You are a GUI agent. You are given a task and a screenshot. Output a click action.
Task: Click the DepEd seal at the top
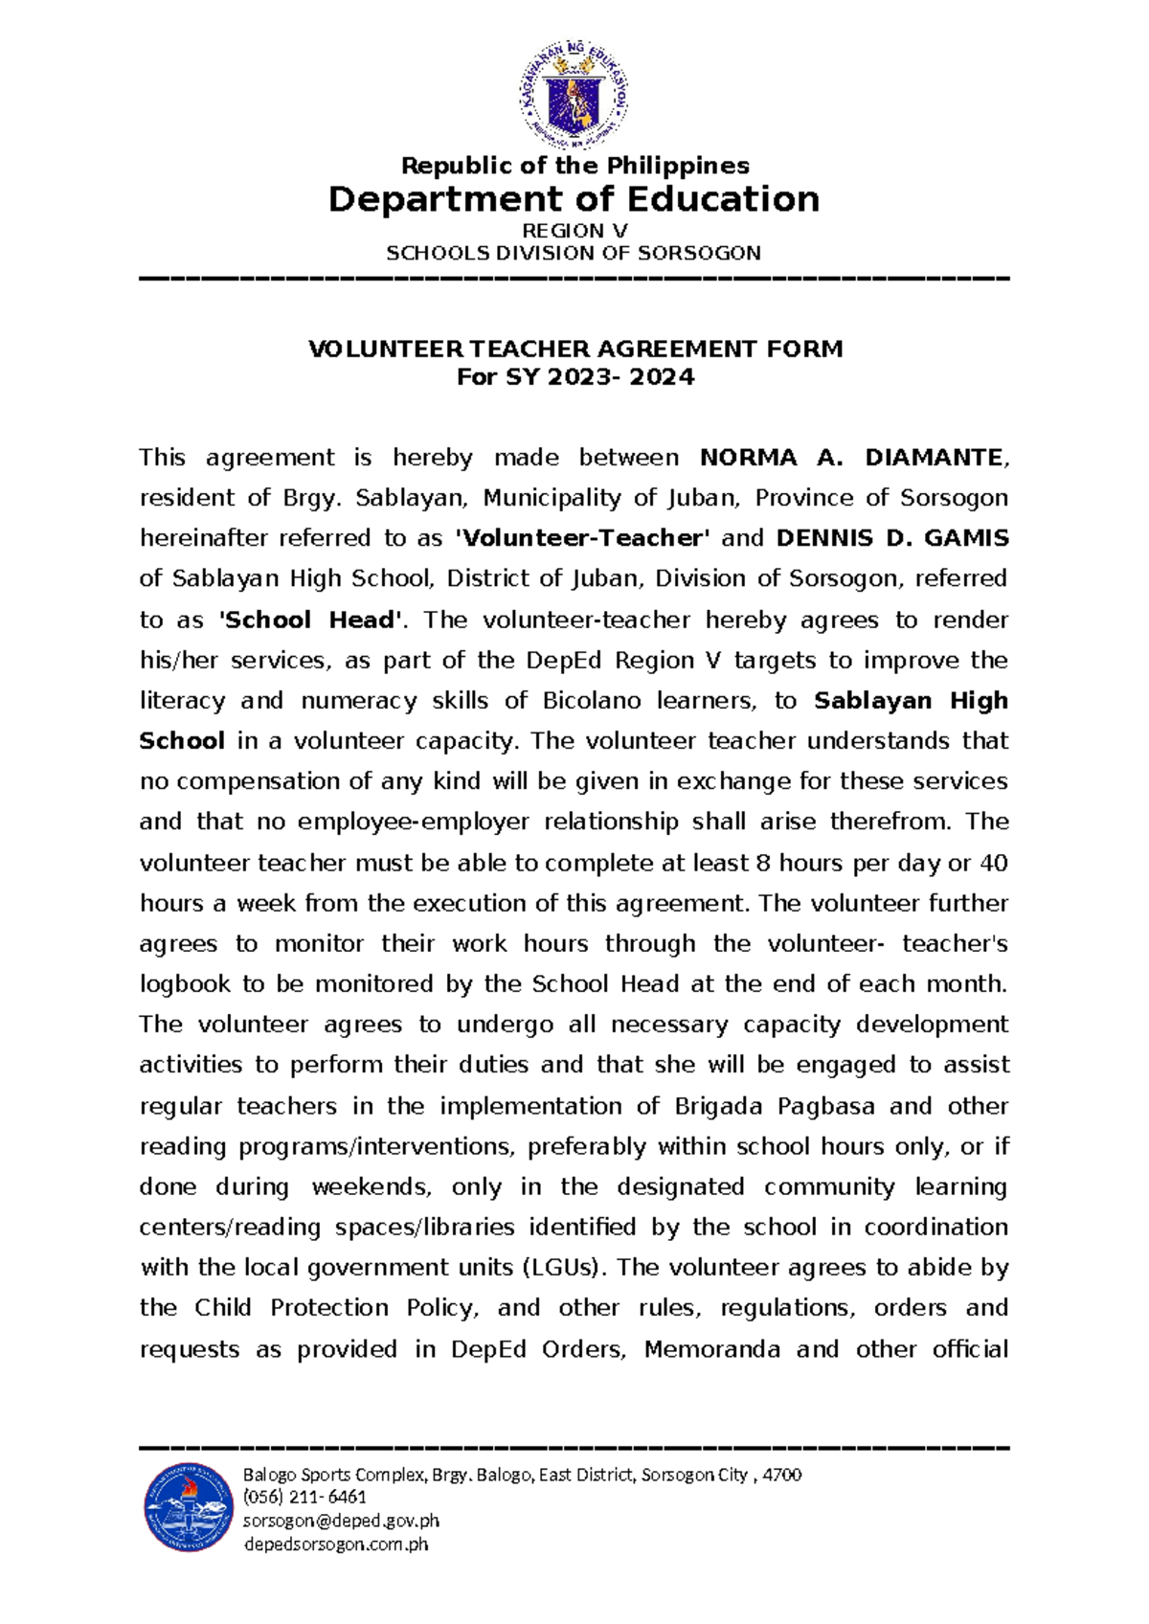pyautogui.click(x=574, y=95)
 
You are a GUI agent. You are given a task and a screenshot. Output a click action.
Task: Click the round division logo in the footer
pyautogui.click(x=189, y=1507)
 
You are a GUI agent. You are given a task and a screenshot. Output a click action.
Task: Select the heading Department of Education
pyautogui.click(x=574, y=199)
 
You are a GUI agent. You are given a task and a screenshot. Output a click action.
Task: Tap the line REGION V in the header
pyautogui.click(x=574, y=231)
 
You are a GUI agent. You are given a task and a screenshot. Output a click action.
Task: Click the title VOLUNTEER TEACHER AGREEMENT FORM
pyautogui.click(x=574, y=349)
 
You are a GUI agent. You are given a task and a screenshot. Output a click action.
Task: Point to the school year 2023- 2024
pyautogui.click(x=620, y=377)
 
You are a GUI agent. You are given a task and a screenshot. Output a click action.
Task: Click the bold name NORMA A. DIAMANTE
pyautogui.click(x=852, y=458)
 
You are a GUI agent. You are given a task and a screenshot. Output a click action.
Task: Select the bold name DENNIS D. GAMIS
pyautogui.click(x=891, y=538)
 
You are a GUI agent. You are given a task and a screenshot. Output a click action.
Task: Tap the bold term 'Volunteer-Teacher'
pyautogui.click(x=582, y=538)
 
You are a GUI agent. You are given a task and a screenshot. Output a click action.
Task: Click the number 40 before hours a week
pyautogui.click(x=993, y=863)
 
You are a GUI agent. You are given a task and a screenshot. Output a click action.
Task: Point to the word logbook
pyautogui.click(x=185, y=984)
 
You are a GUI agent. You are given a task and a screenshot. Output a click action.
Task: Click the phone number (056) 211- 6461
pyautogui.click(x=304, y=1497)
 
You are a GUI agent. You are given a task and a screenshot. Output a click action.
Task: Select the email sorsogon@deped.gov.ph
pyautogui.click(x=341, y=1521)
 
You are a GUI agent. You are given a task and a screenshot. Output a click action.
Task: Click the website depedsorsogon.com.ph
pyautogui.click(x=336, y=1544)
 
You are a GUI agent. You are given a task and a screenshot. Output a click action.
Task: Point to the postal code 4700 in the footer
pyautogui.click(x=782, y=1475)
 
